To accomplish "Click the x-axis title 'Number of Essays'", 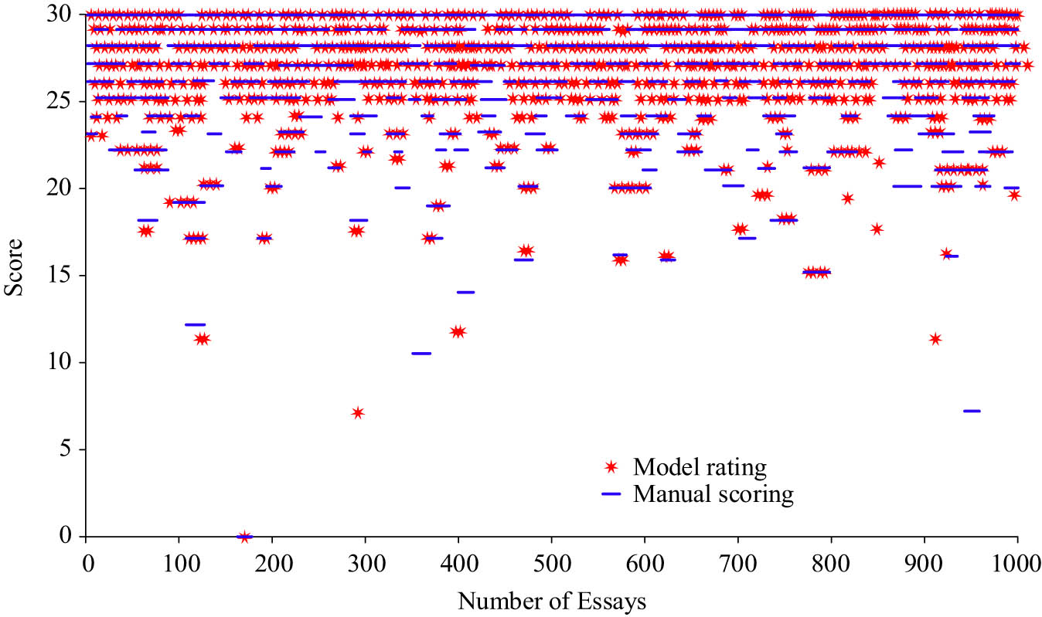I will pyautogui.click(x=551, y=599).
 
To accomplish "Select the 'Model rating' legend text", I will pyautogui.click(x=700, y=467).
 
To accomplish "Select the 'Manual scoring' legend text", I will pyautogui.click(x=713, y=494).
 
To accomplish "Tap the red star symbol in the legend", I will pyautogui.click(x=611, y=467).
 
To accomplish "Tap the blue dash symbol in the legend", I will pyautogui.click(x=611, y=495).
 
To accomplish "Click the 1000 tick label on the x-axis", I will pyautogui.click(x=1016, y=560).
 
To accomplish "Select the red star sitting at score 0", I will pyautogui.click(x=245, y=536).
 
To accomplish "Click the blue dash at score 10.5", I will pyautogui.click(x=421, y=353).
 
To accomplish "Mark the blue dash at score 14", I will pyautogui.click(x=465, y=292).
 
